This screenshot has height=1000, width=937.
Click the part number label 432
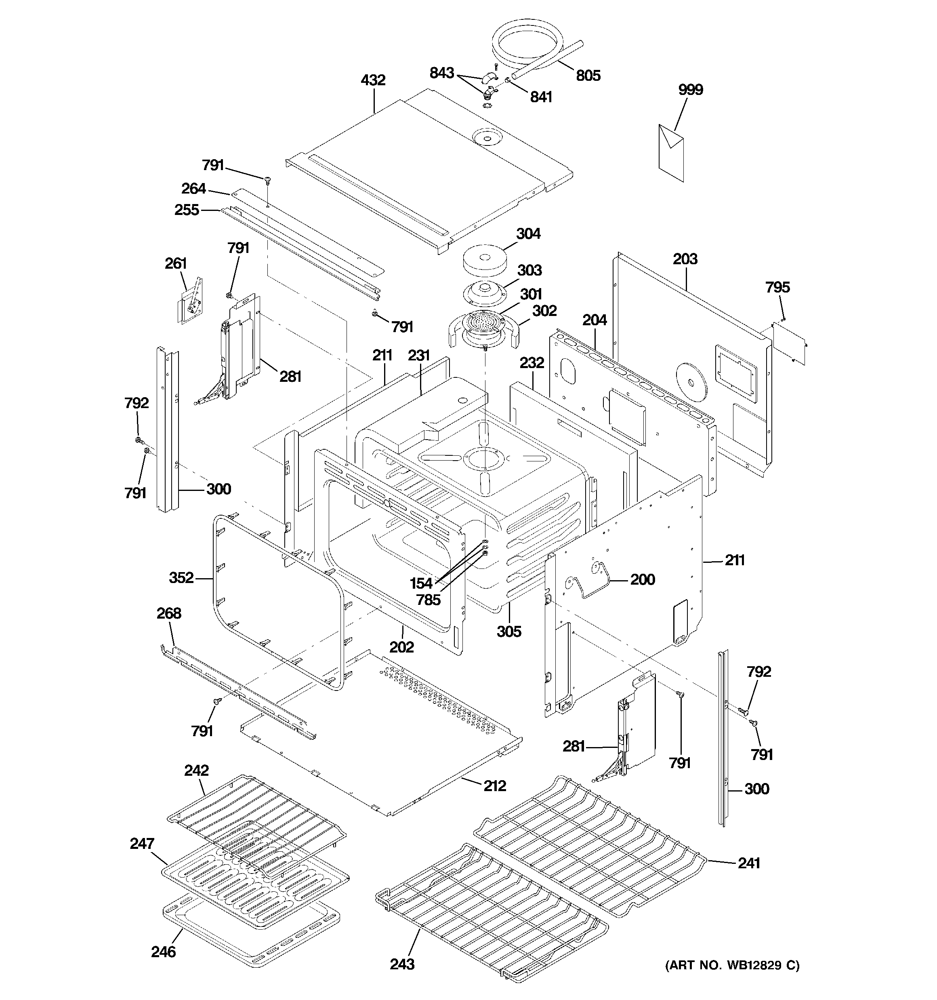pyautogui.click(x=373, y=80)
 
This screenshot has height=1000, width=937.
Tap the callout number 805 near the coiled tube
pyautogui.click(x=588, y=76)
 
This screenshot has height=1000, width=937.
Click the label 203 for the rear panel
pyautogui.click(x=685, y=259)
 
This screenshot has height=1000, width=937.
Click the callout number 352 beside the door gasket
pyautogui.click(x=181, y=577)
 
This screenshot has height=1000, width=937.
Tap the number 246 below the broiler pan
pyautogui.click(x=164, y=952)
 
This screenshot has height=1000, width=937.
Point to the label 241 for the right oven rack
pyautogui.click(x=749, y=863)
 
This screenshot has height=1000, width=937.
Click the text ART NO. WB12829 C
pyautogui.click(x=732, y=965)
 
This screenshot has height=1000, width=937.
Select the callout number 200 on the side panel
pyautogui.click(x=642, y=579)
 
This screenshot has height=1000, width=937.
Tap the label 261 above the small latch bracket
pyautogui.click(x=176, y=263)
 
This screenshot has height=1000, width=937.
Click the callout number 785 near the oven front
pyautogui.click(x=428, y=600)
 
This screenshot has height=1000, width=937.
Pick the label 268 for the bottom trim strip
pyautogui.click(x=168, y=613)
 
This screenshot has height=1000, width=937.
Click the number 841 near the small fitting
pyautogui.click(x=541, y=97)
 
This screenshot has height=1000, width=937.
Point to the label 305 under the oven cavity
pyautogui.click(x=509, y=631)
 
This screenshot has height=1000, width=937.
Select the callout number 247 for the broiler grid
pyautogui.click(x=142, y=844)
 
